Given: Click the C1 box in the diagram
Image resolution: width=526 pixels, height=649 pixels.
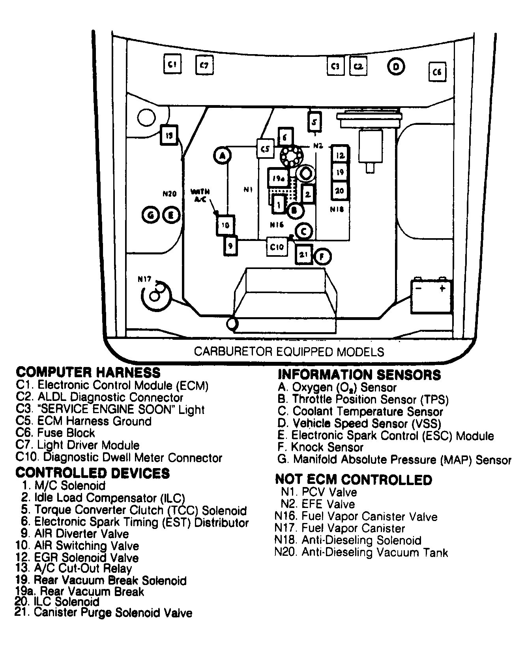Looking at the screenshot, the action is click(172, 64).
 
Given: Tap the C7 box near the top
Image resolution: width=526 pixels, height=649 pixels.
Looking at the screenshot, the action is click(204, 65).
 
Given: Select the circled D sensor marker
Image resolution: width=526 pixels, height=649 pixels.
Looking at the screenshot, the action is click(396, 67).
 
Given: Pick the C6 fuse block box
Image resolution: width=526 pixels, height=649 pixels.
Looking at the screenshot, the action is click(438, 72).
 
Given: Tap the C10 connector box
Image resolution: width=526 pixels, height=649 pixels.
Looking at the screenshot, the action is click(277, 247).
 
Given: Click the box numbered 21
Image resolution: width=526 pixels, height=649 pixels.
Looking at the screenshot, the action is click(303, 255).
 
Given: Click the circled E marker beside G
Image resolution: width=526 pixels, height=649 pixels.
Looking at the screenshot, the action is click(171, 215).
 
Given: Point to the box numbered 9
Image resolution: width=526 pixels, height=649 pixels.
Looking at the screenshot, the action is click(231, 246).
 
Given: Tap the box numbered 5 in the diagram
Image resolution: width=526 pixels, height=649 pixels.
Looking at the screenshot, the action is click(314, 122).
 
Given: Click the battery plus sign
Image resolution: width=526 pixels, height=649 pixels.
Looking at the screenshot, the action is click(442, 288).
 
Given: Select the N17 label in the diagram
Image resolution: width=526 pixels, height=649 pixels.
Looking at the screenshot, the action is click(144, 279).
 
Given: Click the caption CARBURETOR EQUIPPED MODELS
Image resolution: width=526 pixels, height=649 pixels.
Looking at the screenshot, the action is click(289, 351).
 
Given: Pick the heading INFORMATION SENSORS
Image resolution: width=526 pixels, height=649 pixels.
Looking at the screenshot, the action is click(359, 374).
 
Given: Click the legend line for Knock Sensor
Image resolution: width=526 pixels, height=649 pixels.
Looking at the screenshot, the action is click(320, 448).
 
